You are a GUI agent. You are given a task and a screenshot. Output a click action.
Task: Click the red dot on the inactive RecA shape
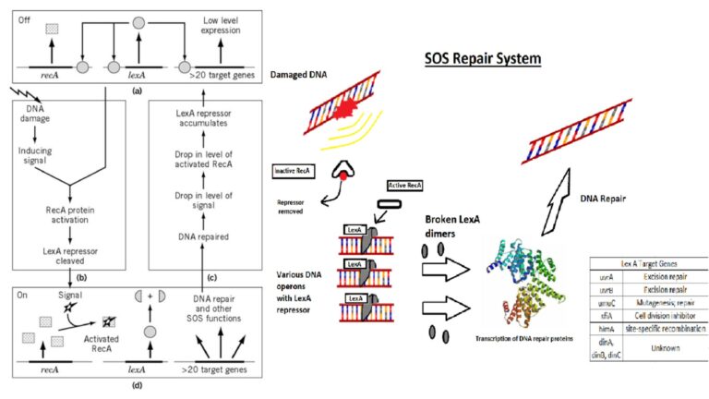click(343, 173)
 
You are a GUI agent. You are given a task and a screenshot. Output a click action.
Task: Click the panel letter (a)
click(136, 92)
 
